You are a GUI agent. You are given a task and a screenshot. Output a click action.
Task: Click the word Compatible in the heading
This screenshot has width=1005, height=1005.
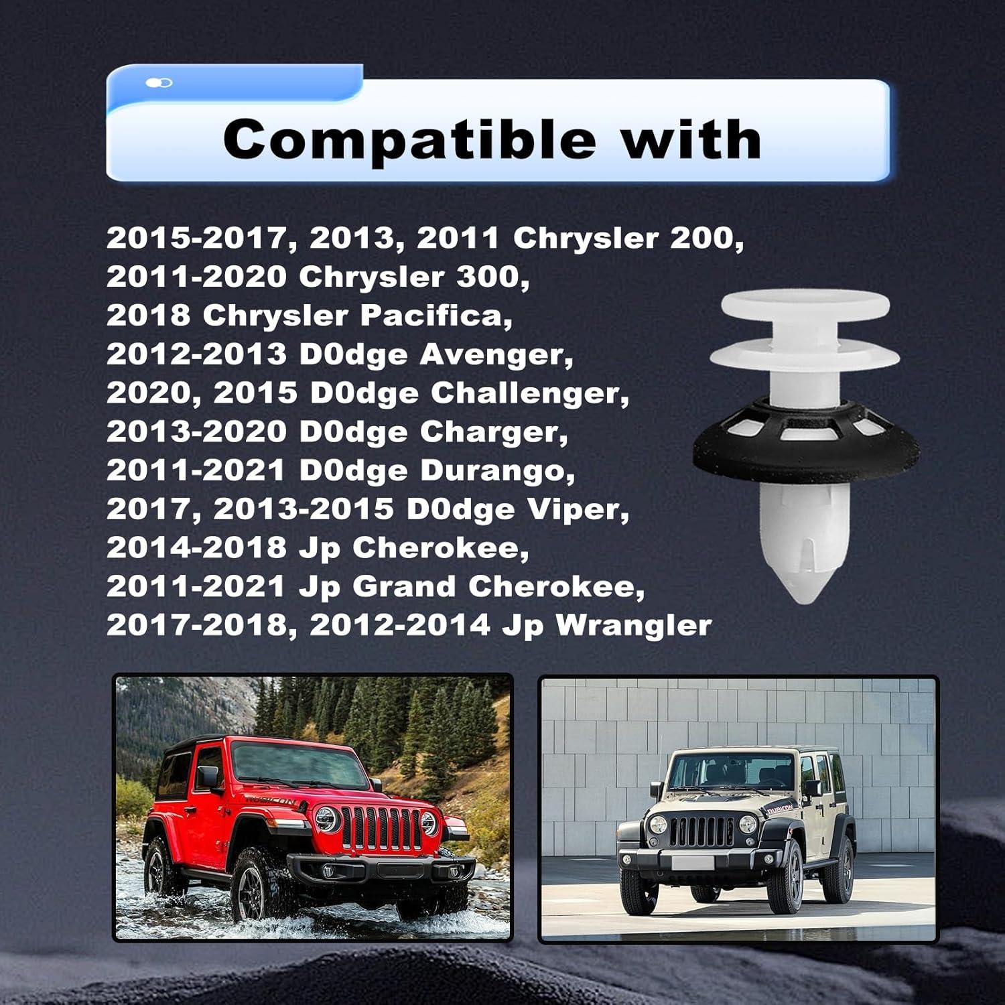coord(409,139)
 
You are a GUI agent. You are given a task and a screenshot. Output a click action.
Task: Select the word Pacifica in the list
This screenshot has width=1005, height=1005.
coord(436,316)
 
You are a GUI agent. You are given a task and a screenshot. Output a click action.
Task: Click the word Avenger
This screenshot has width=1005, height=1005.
coord(496,354)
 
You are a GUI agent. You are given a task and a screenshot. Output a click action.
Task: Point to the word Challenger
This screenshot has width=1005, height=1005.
coord(530,393)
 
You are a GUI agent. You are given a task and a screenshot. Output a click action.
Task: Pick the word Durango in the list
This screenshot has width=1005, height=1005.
coord(497,470)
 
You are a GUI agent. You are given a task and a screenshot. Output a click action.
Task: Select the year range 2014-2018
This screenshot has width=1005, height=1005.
coord(196,548)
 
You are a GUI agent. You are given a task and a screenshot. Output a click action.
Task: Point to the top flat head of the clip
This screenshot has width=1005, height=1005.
coord(805,305)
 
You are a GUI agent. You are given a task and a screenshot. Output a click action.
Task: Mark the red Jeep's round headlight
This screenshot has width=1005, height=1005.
coord(327,819)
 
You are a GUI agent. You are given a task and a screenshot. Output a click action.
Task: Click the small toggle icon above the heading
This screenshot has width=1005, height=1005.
coord(159,82)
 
